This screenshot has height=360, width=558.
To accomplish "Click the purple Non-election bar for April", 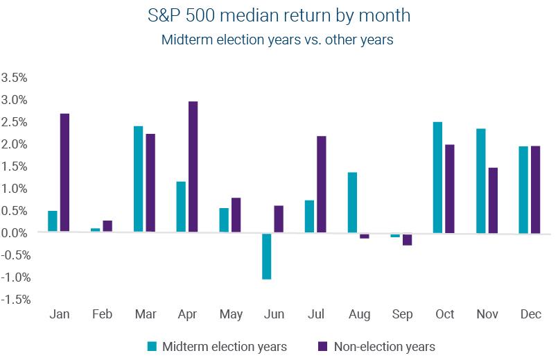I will coord(193,166).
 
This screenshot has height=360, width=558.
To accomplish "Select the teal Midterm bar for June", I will coord(267,256).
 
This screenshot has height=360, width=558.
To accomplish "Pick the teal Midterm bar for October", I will coord(437,177).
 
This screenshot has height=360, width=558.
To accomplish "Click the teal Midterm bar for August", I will coord(352,202).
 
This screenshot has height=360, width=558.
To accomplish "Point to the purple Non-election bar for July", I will coord(321,184).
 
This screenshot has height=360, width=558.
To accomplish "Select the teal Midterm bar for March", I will coord(139,179).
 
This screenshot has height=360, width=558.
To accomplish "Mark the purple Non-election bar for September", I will coord(406,239).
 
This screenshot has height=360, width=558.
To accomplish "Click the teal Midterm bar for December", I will coord(523,189).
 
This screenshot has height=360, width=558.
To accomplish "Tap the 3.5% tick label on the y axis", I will coord(15,78).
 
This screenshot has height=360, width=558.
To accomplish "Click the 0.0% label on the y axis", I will coord(15,233).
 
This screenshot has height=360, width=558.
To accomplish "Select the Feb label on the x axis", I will coord(103,314).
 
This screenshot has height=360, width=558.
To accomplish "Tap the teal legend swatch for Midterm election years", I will coord(152,345).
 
